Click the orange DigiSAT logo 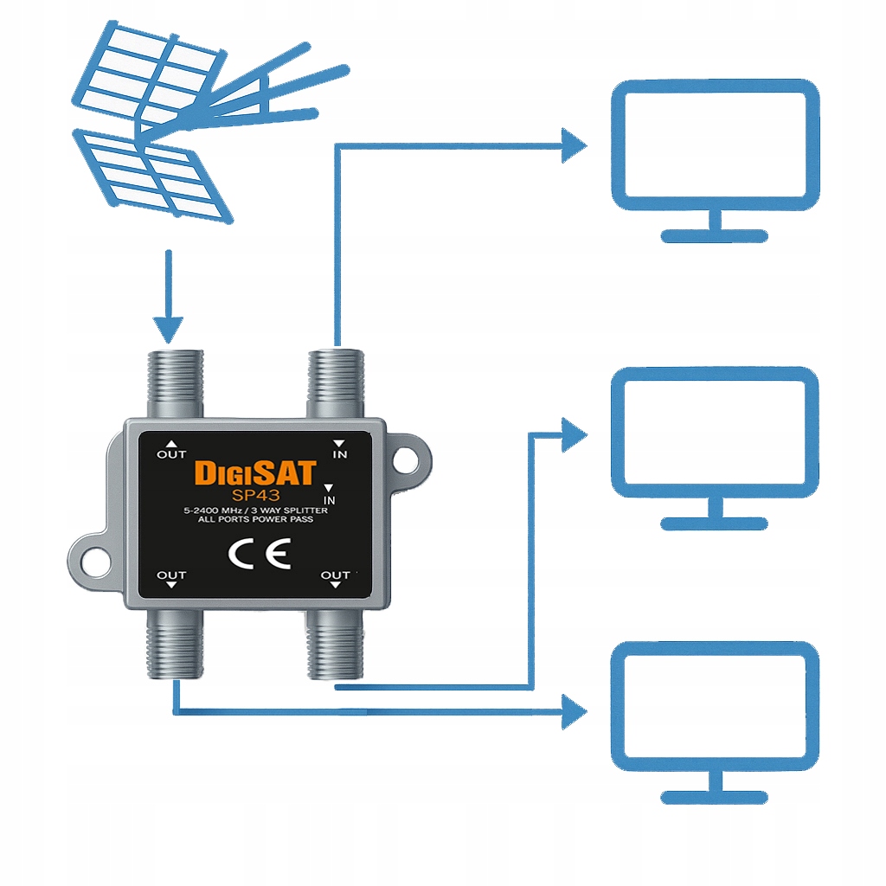coord(256,472)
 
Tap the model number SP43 coord(256,494)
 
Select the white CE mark coord(258,553)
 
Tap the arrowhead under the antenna coord(169,329)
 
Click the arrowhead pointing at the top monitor coord(574,145)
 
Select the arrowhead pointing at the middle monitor coord(574,434)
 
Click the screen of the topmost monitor coord(715,145)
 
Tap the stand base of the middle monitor coord(715,523)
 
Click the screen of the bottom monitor coord(715,708)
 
